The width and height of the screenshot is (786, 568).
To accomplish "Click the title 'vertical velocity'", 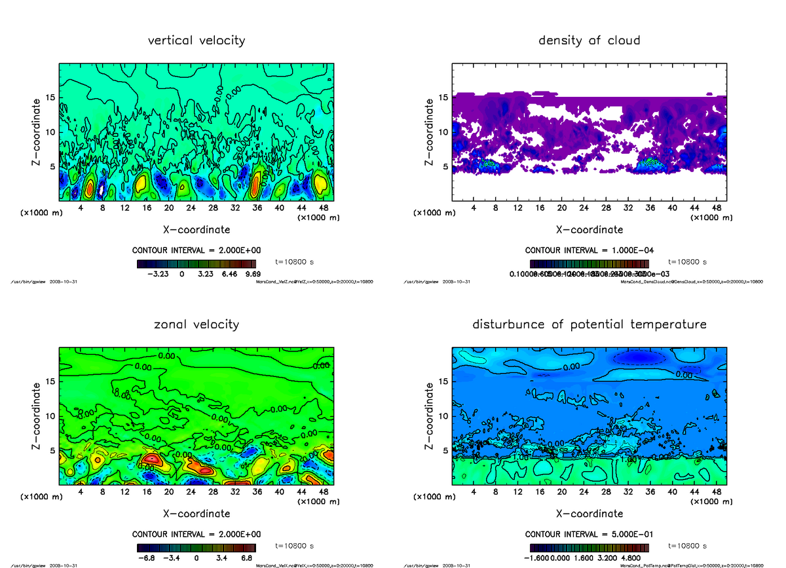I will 196,41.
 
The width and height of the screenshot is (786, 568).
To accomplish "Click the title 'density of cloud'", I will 589,41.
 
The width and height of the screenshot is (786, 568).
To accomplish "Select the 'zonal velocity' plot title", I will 196,325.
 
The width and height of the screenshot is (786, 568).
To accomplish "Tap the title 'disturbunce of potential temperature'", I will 589,325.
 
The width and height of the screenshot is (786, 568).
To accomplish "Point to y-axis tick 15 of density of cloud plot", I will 443,98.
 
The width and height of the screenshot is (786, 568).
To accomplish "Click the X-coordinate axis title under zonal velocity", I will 196,514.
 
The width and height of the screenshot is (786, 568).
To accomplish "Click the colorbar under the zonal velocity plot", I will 196,547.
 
